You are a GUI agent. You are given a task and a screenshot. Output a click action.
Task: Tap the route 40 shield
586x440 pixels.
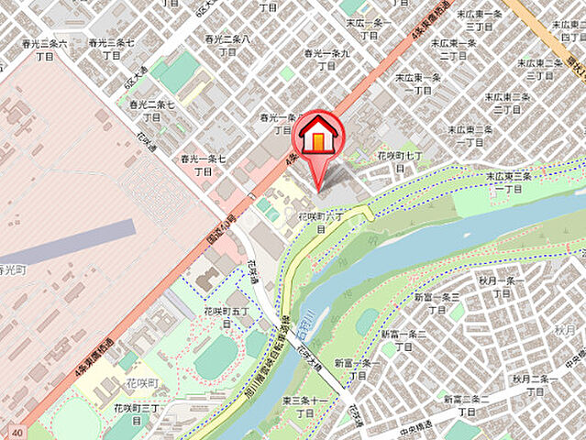(x=17, y=430)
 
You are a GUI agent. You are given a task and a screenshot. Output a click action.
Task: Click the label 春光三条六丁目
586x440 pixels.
(x=45, y=49)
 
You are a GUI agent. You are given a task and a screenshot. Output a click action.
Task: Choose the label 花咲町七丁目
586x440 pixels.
(x=404, y=163)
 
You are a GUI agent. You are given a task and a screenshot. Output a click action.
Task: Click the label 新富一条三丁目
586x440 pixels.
(x=436, y=303)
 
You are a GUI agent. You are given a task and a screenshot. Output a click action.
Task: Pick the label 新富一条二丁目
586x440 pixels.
(x=404, y=340)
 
